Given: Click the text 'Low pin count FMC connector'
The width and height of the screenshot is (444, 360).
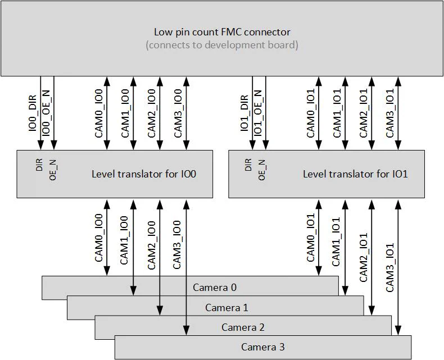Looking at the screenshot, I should point(222,32).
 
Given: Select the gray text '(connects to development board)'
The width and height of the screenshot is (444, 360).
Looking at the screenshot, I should point(222,44).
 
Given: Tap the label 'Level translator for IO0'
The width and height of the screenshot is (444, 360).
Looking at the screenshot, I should point(144,174).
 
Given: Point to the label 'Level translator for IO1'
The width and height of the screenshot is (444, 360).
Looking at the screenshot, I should point(355,174).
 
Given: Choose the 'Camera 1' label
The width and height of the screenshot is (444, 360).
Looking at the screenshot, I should point(226,308).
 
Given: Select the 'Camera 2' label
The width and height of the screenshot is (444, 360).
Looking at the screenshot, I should point(243,327).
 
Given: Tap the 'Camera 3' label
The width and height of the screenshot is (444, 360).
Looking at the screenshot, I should point(263,347).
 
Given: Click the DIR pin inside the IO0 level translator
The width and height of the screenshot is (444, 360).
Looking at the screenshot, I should point(39,165).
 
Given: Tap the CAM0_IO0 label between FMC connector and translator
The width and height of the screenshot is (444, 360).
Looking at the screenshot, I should point(99,114).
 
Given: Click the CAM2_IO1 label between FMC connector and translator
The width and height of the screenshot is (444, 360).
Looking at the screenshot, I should point(363,114).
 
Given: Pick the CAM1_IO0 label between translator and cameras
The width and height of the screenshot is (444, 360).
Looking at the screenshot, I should point(125,240).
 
